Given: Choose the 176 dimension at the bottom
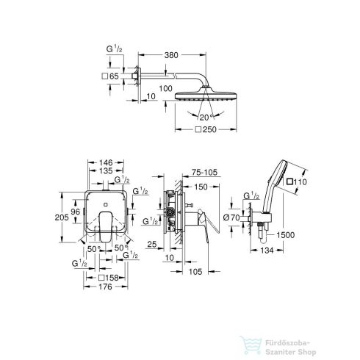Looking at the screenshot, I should pyautogui.click(x=107, y=287).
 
